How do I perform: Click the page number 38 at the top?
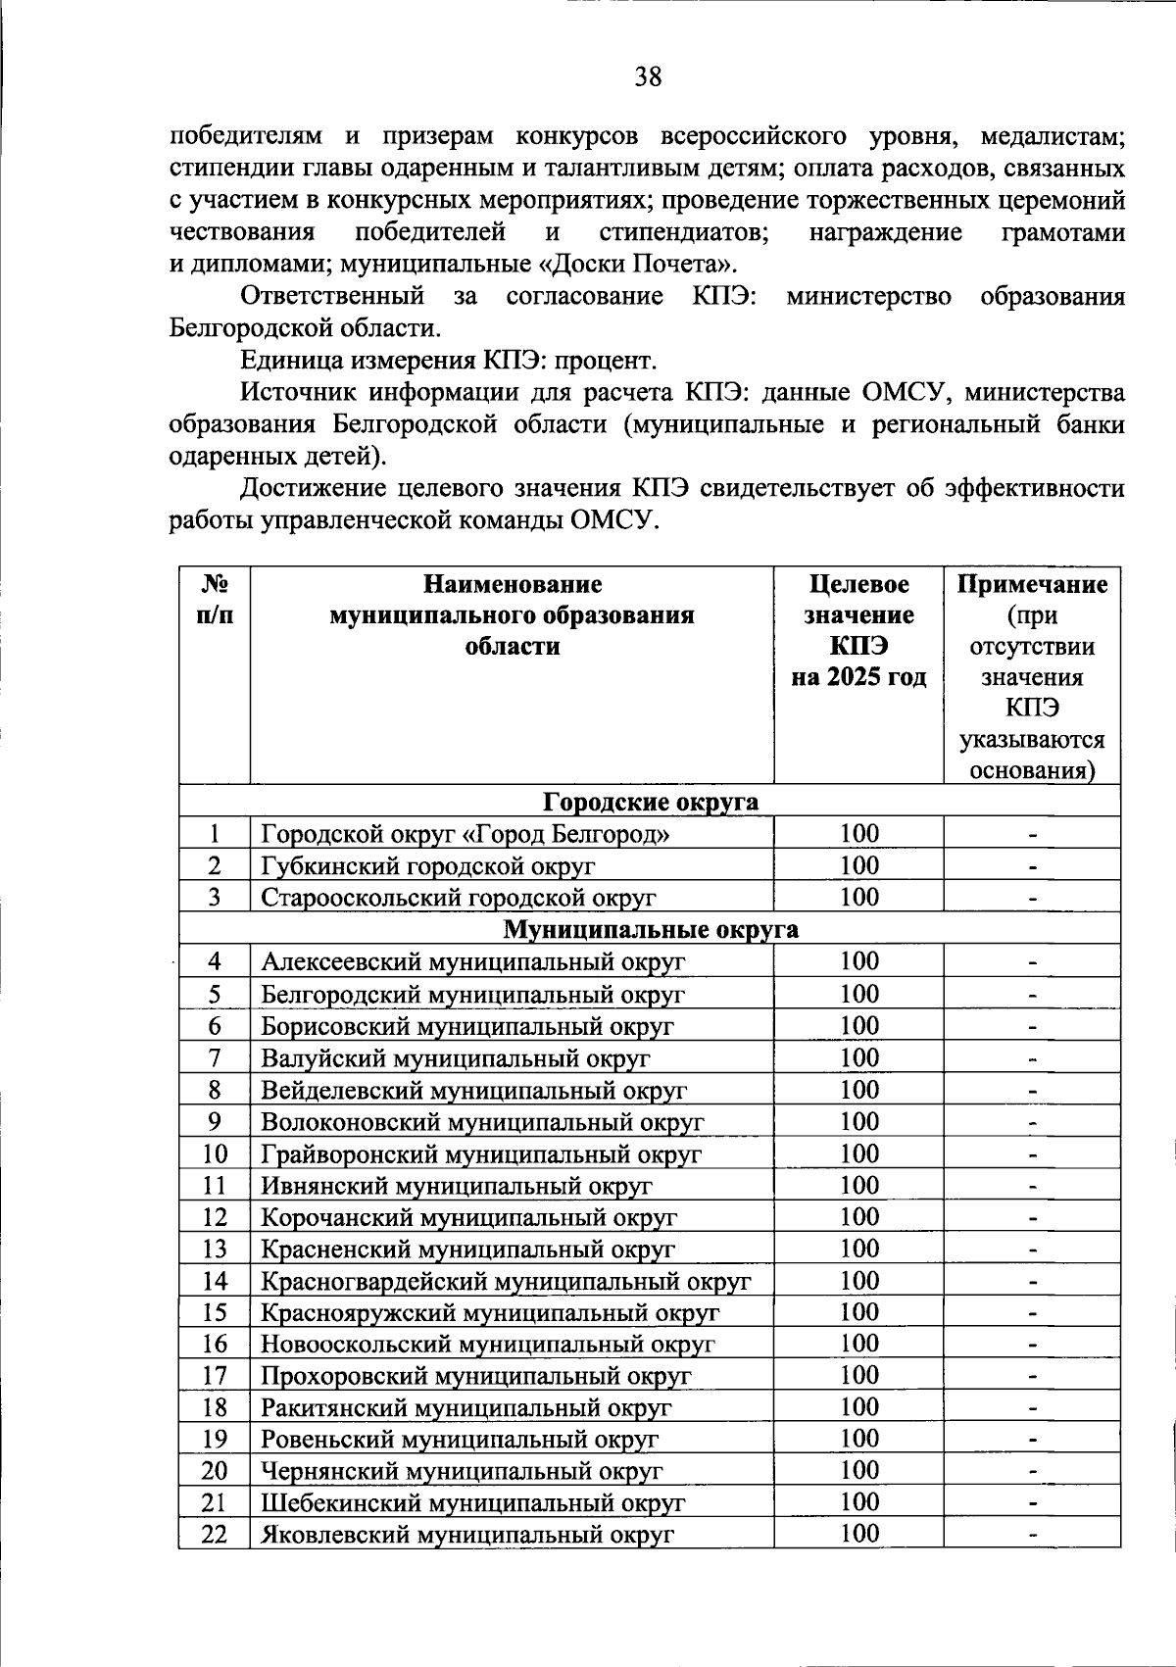[648, 76]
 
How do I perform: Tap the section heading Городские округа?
[651, 802]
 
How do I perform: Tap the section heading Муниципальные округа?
[651, 929]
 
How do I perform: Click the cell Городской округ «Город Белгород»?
[466, 834]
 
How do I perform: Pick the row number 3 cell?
[214, 897]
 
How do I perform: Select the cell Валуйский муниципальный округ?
[456, 1058]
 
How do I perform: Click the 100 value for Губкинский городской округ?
[859, 865]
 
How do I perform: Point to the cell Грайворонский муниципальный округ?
[481, 1154]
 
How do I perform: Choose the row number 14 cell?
[214, 1281]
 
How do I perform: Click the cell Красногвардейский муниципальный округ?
[506, 1281]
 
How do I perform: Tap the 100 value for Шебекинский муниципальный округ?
[859, 1501]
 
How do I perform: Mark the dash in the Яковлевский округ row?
[1032, 1534]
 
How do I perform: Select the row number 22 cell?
[214, 1534]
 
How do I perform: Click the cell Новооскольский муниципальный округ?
[488, 1345]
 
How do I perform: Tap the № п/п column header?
[214, 600]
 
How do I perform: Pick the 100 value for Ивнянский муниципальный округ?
[859, 1186]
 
